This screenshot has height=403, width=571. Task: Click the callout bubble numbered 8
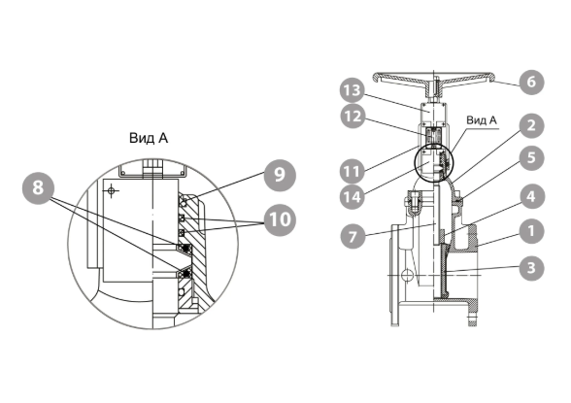click(38, 188)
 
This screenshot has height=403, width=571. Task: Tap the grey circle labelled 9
click(280, 175)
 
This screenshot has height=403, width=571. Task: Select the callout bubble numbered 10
click(280, 219)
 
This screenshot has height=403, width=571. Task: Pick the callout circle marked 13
click(353, 90)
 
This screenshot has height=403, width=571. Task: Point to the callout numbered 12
click(353, 117)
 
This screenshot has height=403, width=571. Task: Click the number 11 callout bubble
click(353, 172)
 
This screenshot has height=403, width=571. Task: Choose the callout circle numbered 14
click(353, 197)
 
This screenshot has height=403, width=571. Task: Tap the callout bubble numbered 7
click(353, 237)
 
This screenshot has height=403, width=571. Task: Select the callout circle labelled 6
click(531, 82)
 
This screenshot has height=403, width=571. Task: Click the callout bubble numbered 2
click(531, 125)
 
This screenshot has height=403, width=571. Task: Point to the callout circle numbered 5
click(531, 158)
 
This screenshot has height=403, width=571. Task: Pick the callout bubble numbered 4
click(531, 197)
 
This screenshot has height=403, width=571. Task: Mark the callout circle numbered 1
click(531, 231)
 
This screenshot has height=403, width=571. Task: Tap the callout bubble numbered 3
click(531, 268)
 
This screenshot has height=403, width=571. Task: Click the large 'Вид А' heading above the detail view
click(149, 138)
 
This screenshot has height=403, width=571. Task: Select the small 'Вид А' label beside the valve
click(482, 120)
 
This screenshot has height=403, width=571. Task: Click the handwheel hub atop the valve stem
click(434, 88)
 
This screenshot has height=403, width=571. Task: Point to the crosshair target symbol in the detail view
click(112, 190)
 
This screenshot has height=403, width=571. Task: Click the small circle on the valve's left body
click(408, 274)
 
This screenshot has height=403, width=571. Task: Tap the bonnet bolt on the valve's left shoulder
click(414, 203)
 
